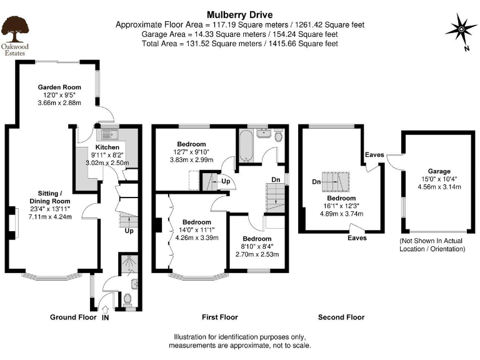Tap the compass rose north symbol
460,29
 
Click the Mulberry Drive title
239,14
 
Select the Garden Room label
59,87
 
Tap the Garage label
439,171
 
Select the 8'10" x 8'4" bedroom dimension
257,247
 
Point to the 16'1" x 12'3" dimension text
342,205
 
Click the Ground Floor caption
73,317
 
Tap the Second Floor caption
341,317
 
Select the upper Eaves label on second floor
375,156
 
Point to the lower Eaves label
357,238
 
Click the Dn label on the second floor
316,182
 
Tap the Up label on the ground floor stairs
129,231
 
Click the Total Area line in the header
239,44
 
